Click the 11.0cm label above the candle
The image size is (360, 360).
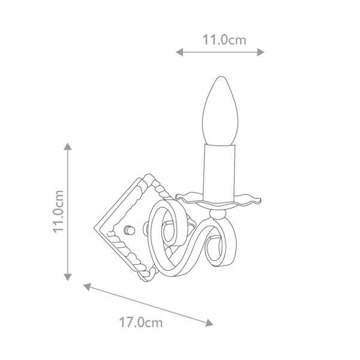(x=224, y=40)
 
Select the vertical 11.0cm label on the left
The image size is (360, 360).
(x=58, y=211)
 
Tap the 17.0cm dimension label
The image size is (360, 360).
(x=141, y=322)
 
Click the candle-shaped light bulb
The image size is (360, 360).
(x=220, y=111)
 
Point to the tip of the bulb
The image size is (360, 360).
(x=221, y=77)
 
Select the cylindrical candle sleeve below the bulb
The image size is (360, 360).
(x=220, y=173)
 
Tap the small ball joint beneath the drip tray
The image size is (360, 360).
(x=218, y=214)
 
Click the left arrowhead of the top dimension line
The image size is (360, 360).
(x=179, y=52)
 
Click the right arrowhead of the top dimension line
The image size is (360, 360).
(x=260, y=52)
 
